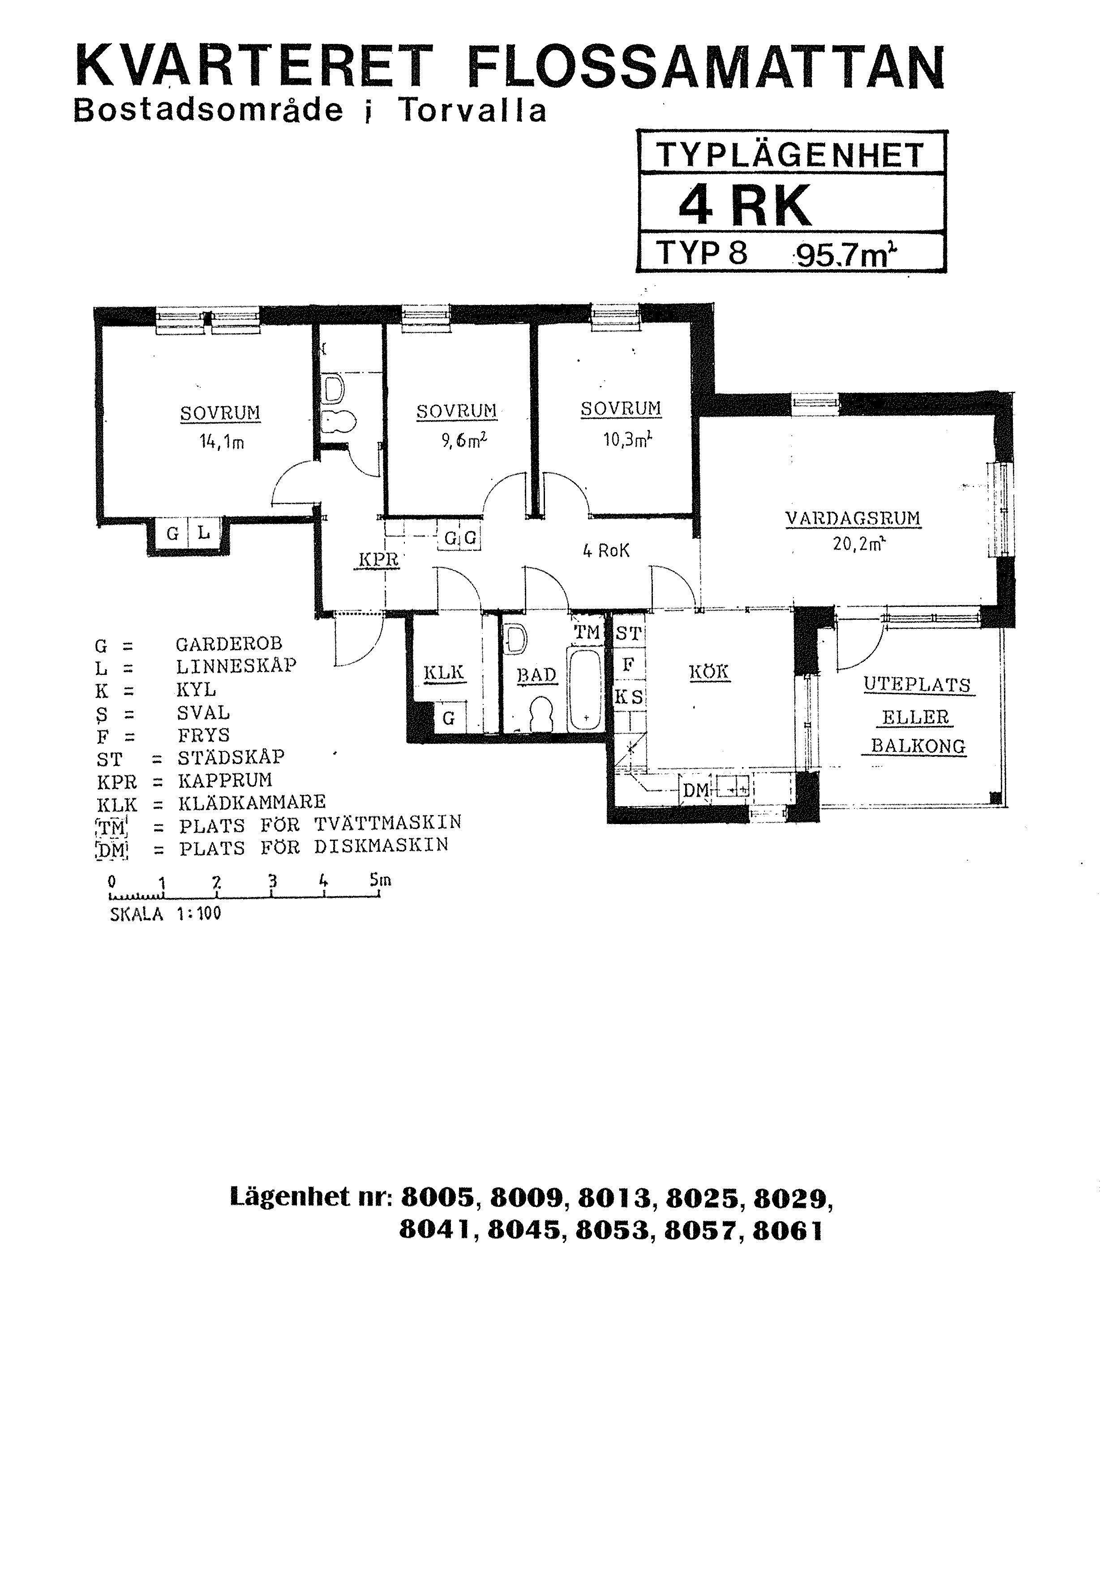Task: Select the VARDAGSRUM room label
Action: pos(853,519)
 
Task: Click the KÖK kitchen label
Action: pos(709,672)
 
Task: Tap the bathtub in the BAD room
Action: pos(586,690)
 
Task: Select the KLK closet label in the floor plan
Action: pos(444,673)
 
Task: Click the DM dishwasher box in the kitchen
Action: pos(696,791)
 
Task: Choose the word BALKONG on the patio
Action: pos(918,746)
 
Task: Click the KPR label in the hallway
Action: pos(379,560)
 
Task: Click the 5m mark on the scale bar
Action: pos(380,880)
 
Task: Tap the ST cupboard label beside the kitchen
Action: pos(628,634)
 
